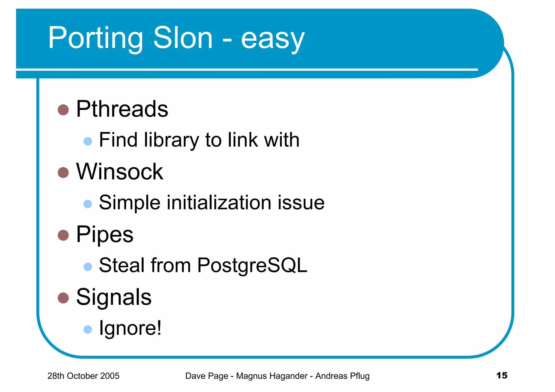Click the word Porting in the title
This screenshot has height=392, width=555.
pyautogui.click(x=95, y=38)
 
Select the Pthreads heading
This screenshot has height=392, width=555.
pyautogui.click(x=122, y=109)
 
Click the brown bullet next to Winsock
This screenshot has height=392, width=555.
pyautogui.click(x=63, y=172)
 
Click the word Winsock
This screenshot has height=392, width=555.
pyautogui.click(x=120, y=172)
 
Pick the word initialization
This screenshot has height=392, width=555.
pyautogui.click(x=219, y=203)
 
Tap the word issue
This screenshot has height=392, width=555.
pyautogui.click(x=301, y=203)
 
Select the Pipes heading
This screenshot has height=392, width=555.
pyautogui.click(x=105, y=235)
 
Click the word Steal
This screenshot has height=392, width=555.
pyautogui.click(x=122, y=265)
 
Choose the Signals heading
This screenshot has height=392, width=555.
pyautogui.click(x=114, y=297)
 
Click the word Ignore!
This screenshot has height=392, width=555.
pyautogui.click(x=130, y=328)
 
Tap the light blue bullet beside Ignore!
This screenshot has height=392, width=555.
pyautogui.click(x=88, y=329)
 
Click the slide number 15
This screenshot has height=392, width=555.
pyautogui.click(x=502, y=375)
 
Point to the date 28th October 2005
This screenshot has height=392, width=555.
pyautogui.click(x=83, y=376)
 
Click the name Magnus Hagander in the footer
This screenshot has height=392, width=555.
pyautogui.click(x=272, y=376)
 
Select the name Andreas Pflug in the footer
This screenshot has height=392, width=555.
pyautogui.click(x=342, y=376)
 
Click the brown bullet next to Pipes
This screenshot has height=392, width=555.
pyautogui.click(x=63, y=235)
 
